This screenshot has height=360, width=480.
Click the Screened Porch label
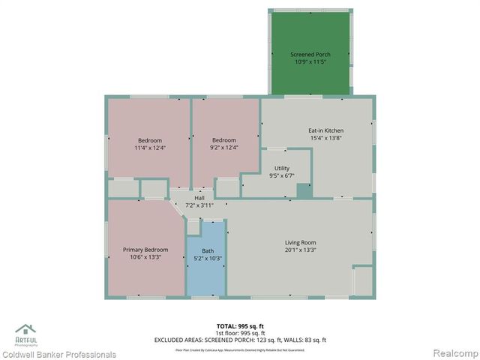pyautogui.click(x=310, y=55)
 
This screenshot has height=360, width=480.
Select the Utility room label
pyautogui.click(x=282, y=169)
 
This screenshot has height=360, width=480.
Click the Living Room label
pyautogui.click(x=300, y=242)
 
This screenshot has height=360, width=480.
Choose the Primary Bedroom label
pyautogui.click(x=145, y=250)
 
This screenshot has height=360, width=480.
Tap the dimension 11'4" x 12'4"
pyautogui.click(x=149, y=148)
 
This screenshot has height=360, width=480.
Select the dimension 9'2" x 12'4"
pyautogui.click(x=223, y=148)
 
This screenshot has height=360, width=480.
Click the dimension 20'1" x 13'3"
pyautogui.click(x=300, y=250)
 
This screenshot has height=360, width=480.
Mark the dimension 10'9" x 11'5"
pyautogui.click(x=310, y=62)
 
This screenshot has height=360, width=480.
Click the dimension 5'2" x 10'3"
pyautogui.click(x=208, y=258)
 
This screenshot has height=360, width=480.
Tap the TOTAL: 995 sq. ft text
pyautogui.click(x=240, y=326)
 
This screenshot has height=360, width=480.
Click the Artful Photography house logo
pyautogui.click(x=25, y=330)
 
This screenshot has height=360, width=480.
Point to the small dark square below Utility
pyautogui.click(x=304, y=190)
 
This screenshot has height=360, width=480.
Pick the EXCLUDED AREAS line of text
pyautogui.click(x=240, y=340)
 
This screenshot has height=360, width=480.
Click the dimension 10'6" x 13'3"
pyautogui.click(x=145, y=257)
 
